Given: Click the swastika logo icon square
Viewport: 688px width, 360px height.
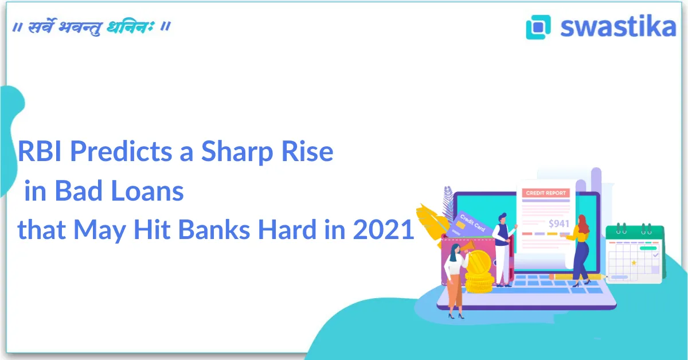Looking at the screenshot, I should pyautogui.click(x=538, y=27).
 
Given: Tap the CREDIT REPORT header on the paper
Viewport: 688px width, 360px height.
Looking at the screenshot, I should pyautogui.click(x=546, y=193).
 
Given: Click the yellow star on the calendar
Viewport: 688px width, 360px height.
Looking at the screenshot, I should pyautogui.click(x=634, y=263).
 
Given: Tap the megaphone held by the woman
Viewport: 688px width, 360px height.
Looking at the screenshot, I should pyautogui.click(x=468, y=246).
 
